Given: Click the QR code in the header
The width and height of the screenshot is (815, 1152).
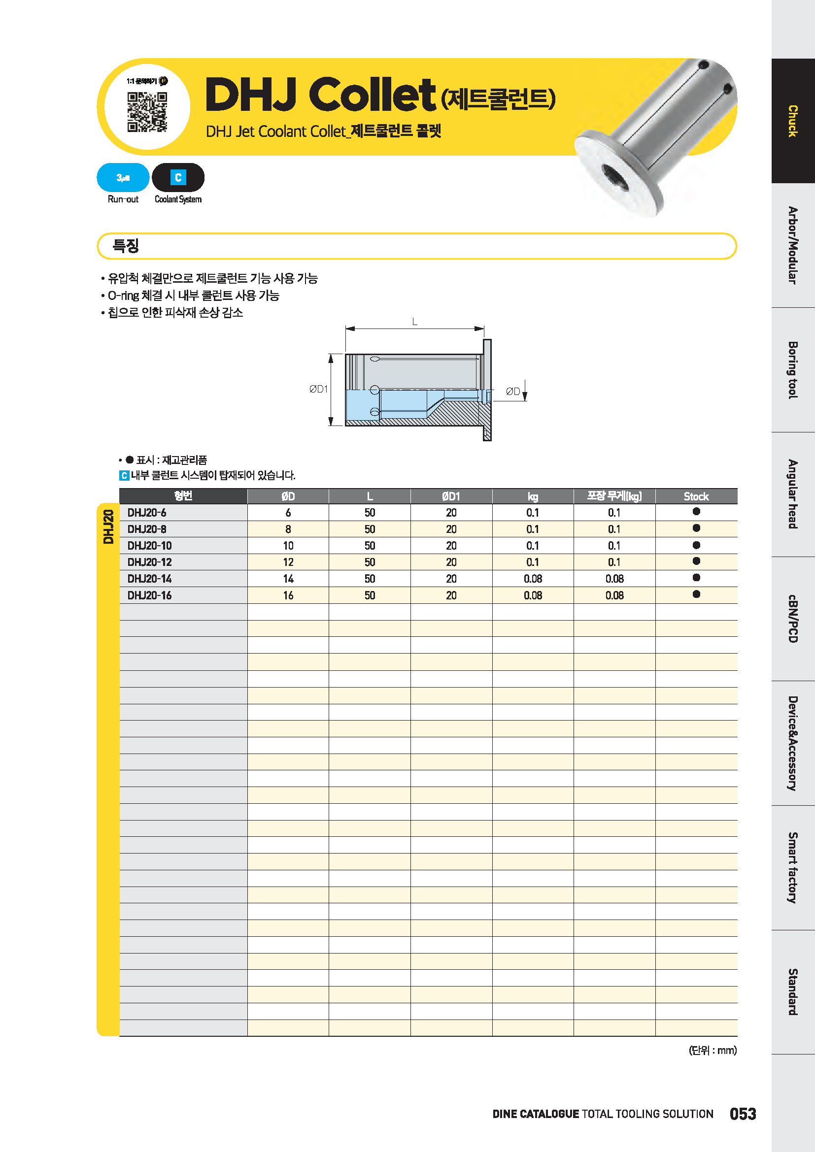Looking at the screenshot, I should click(147, 112).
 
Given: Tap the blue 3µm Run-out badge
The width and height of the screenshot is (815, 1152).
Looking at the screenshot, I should click(123, 178).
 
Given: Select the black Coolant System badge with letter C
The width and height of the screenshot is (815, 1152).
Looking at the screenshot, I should click(178, 178).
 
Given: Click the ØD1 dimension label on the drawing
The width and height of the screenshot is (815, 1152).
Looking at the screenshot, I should click(319, 389).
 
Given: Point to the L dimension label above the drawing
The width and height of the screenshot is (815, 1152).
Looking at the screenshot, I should click(414, 322).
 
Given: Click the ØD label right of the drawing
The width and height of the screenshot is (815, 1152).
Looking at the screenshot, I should click(512, 392).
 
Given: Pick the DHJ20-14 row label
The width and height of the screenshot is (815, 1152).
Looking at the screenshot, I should click(150, 579).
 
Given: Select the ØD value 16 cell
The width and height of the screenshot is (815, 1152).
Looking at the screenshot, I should click(288, 595).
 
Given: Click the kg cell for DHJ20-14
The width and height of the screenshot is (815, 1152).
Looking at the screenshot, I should click(533, 579).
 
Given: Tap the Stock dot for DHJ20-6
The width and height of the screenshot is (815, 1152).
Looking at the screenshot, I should click(696, 512).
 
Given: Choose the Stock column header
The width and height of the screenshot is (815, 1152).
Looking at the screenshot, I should click(696, 496).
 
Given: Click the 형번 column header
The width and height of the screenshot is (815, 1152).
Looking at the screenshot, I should click(183, 496).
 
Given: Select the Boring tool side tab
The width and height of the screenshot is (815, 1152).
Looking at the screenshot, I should click(792, 370).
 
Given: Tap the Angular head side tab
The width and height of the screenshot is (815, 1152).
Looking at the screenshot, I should click(792, 494).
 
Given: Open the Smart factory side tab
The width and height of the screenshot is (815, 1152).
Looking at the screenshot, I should click(792, 868).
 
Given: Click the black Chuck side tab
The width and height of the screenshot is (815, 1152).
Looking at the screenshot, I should click(792, 121).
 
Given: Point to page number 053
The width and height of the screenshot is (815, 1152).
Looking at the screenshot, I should click(743, 1114).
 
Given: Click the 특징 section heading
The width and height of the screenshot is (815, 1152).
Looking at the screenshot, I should click(126, 246).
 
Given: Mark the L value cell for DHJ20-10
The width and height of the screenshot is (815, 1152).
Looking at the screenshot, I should click(370, 546).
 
